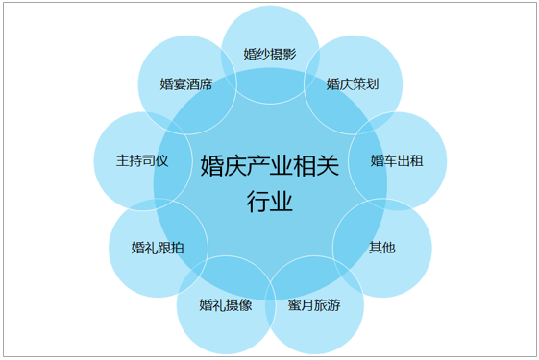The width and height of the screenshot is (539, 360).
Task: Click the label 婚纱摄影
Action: pos(270,54)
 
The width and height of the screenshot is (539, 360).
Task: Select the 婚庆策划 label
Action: pos(352,84)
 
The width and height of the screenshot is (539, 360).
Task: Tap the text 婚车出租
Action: pos(397,160)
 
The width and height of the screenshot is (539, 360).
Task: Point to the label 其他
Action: pos(381,247)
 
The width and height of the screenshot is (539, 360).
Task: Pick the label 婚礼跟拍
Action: pos(158,247)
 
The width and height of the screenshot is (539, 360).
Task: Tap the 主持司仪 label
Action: pos(142,160)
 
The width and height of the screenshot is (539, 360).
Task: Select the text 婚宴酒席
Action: pos(186,84)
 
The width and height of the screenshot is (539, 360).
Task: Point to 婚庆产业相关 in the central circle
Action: pos(269,166)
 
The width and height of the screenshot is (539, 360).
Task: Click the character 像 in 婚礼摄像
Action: pos(245,306)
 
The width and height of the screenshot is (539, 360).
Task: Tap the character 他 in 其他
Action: pos(388,247)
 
